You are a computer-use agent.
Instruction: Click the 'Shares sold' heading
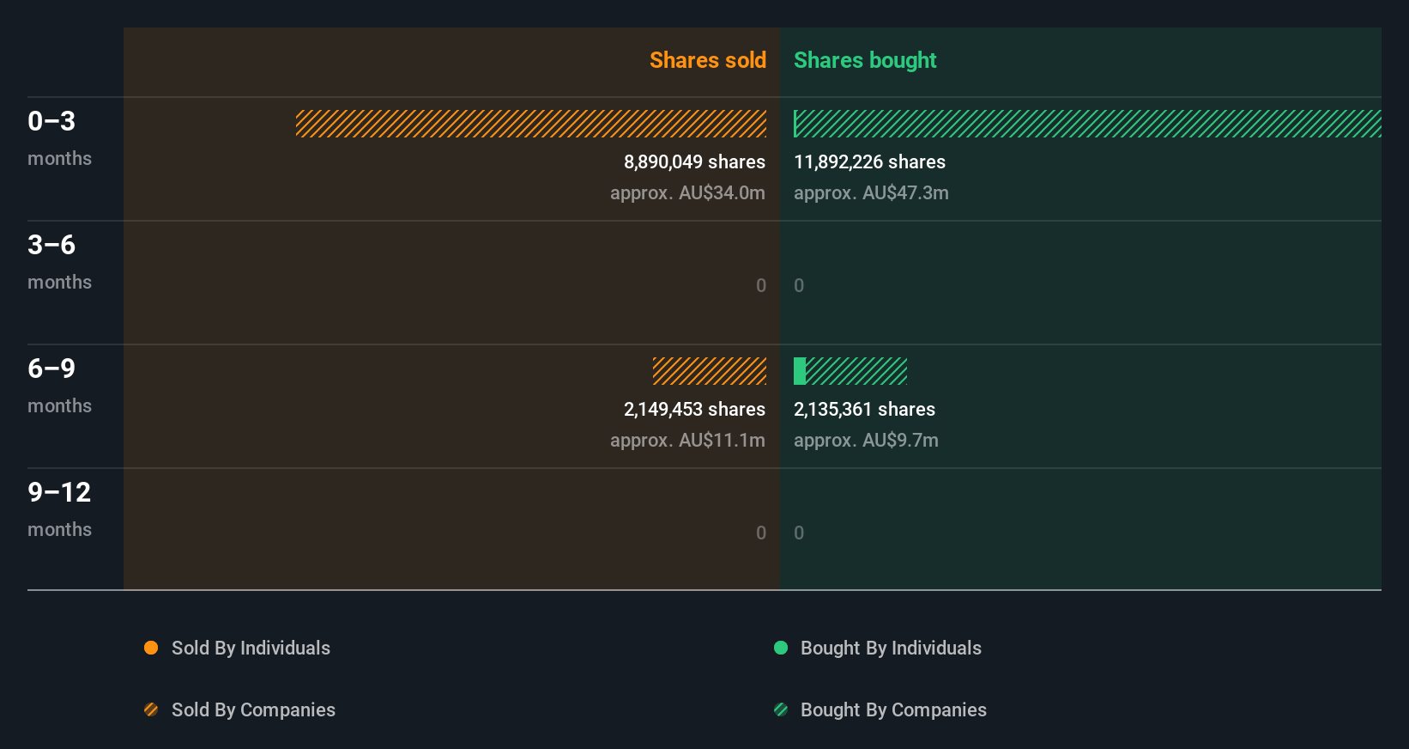707,60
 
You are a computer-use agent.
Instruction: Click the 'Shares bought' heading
864,60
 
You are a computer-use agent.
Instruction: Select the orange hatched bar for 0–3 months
531,124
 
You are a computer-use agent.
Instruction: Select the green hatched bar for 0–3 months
1087,124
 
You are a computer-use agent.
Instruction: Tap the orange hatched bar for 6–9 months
710,371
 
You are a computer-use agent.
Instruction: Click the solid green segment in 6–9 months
800,371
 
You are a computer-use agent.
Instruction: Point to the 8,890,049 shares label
694,162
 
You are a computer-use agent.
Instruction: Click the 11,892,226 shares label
869,162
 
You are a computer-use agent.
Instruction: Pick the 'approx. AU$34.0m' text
687,193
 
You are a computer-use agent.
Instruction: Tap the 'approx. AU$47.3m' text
871,193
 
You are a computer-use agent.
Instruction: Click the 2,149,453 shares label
694,410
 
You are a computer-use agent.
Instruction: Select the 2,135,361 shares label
864,410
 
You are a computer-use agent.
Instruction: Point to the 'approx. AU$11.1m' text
687,441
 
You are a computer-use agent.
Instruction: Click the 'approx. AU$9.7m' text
866,441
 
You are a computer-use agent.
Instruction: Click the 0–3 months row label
58,137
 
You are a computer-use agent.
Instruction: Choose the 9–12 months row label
58,508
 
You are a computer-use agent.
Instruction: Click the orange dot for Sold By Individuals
151,648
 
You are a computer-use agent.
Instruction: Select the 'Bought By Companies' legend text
893,710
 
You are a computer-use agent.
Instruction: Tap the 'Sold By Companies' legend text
253,710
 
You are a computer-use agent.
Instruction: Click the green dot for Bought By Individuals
781,648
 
